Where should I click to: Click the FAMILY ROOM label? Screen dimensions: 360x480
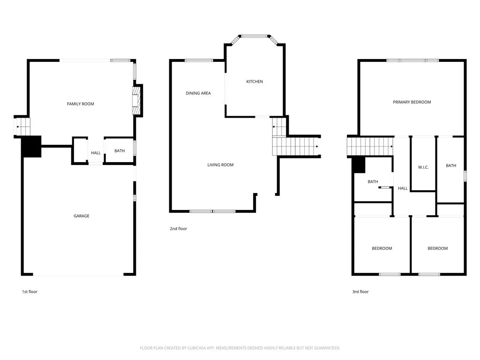point(81,104)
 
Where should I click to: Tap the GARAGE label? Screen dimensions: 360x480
point(81,216)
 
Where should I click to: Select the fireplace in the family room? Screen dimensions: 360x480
point(136,100)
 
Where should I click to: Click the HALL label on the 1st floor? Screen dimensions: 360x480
point(96,153)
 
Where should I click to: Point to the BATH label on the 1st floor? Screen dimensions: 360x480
point(120,151)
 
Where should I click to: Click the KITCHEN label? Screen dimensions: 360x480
point(255,82)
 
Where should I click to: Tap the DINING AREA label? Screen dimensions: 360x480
point(198,93)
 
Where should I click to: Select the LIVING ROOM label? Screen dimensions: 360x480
point(220,165)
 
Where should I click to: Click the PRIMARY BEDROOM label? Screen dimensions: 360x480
point(412,102)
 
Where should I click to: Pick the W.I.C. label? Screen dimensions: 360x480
point(423,167)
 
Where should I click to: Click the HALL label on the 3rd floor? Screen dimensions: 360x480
point(403,188)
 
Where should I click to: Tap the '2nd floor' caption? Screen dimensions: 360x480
point(178,229)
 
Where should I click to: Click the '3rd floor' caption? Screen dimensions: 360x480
point(360,292)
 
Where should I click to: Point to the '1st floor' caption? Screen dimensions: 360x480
point(30,292)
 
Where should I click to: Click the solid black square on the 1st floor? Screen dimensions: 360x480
point(31,146)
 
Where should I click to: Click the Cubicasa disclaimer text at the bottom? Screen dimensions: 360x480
point(240,348)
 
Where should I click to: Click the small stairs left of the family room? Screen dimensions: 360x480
point(22,127)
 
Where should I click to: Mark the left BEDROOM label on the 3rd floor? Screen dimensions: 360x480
point(382,248)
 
